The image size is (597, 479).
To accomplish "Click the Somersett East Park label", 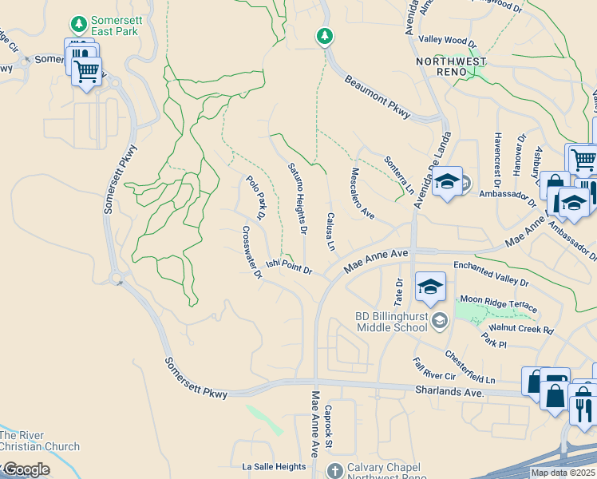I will click(114, 26).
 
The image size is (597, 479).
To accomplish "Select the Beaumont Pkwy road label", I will click(378, 98).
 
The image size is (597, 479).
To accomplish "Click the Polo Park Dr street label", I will click(255, 198).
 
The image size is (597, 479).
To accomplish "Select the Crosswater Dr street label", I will click(252, 251).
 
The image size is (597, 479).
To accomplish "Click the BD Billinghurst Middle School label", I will click(392, 323).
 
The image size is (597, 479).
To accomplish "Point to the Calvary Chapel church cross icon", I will click(334, 470).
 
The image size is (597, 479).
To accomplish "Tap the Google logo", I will click(26, 469).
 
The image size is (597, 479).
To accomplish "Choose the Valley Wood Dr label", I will click(447, 42).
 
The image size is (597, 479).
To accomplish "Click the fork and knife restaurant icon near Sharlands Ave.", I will click(583, 409).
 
